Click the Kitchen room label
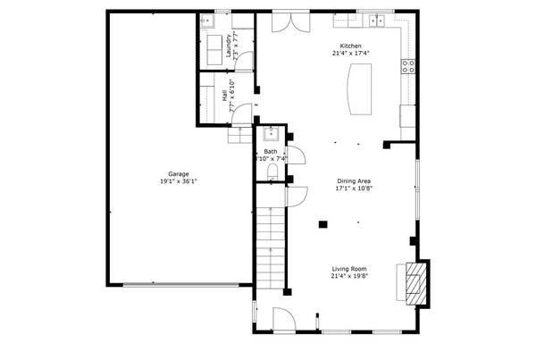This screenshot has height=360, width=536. click(350, 46)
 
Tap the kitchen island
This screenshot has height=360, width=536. click(358, 91)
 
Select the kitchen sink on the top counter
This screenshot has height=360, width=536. click(377, 19)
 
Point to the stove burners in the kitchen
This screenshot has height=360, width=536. click(409, 63)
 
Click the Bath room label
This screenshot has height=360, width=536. click(270, 151)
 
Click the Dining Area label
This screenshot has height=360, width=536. click(353, 180)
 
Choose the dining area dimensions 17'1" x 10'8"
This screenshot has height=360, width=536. click(353, 188)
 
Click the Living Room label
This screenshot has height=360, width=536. click(350, 268)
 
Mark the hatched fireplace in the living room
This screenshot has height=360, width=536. click(415, 281)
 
